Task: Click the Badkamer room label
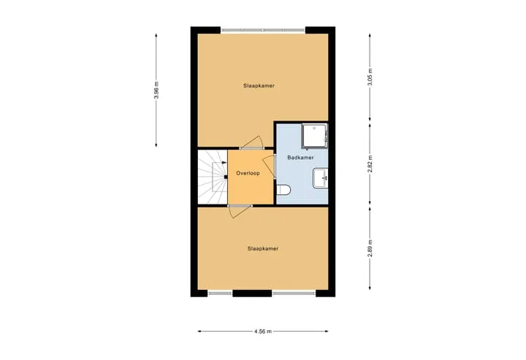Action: pos(300,158)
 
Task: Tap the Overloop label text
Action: pos(248,173)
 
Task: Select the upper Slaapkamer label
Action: pos(259,86)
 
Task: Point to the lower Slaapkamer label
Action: pos(263,249)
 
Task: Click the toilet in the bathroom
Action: pos(283,190)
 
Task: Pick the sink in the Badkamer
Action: pos(320,178)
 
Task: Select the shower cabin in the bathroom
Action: pos(314,136)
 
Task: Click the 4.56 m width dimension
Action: pos(263,332)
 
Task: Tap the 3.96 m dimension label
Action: pos(156,90)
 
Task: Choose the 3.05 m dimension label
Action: pos(370,77)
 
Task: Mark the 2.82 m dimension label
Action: pos(370,164)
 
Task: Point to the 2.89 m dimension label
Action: pos(370,248)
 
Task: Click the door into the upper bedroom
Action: pos(252,143)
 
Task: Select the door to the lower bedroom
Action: pos(239,211)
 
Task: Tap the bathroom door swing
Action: pos(270,166)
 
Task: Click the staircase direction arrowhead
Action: pos(224,162)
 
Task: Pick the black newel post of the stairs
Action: pos(226,177)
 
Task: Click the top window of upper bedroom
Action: pos(263,30)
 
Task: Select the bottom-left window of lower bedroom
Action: pos(220,294)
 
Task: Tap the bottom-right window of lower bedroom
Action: pos(294,294)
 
